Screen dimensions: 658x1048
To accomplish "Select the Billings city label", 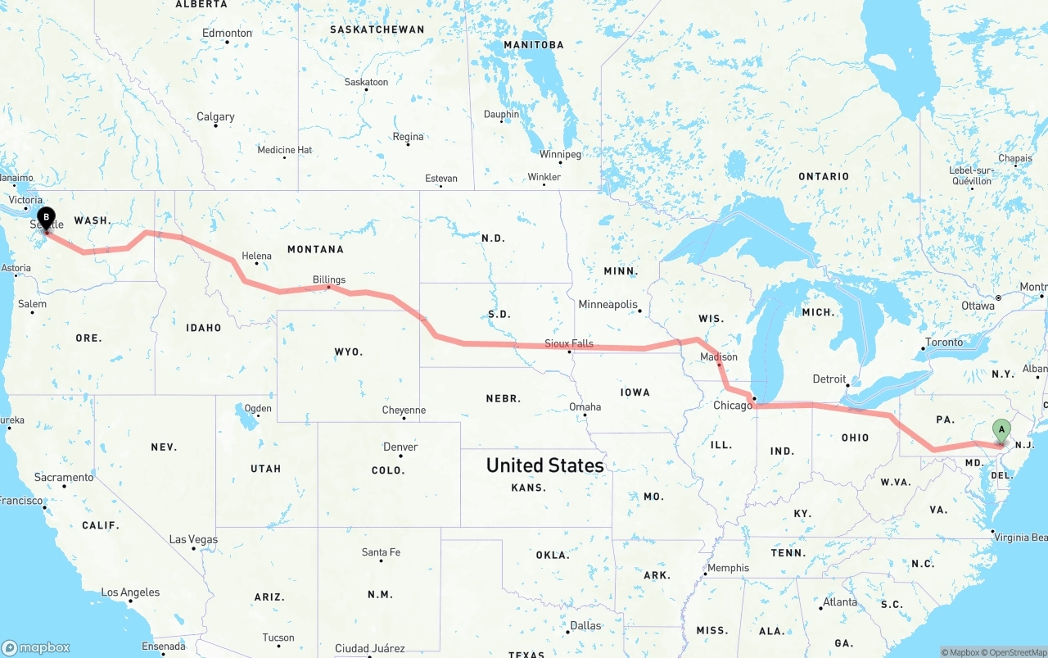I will (x=329, y=279).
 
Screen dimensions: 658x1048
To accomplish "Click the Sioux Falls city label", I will (x=569, y=343).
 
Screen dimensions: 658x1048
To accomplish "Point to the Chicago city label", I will (x=732, y=406).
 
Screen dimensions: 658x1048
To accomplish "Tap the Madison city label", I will (x=719, y=356).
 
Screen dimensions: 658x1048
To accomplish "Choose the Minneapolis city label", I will (x=608, y=304).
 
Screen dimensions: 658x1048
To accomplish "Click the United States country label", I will (x=544, y=465).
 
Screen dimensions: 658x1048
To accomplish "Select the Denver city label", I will (x=400, y=447).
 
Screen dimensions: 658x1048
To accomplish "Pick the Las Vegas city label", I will (x=193, y=539).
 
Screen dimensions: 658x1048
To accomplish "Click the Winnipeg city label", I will (x=560, y=154).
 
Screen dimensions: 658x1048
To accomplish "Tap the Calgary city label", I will (x=215, y=117).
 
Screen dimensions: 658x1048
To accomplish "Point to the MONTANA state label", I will (x=315, y=249).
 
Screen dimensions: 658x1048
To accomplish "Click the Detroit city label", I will (x=829, y=379).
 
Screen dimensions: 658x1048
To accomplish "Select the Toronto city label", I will (x=944, y=342).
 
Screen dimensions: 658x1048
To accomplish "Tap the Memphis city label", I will (x=728, y=568).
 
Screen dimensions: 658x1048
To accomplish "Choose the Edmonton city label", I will (x=227, y=33).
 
